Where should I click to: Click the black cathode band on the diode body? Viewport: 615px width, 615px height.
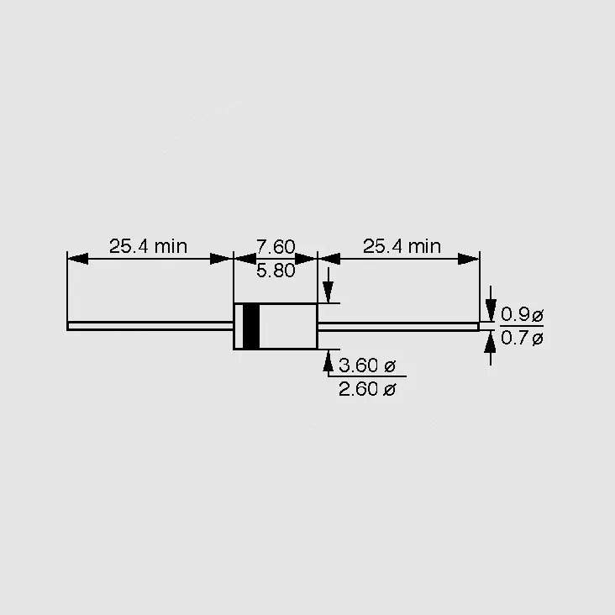251,326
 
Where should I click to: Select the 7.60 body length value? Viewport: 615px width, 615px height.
276,247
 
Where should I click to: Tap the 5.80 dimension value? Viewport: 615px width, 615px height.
276,271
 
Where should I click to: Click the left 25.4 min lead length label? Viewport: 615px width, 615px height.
148,246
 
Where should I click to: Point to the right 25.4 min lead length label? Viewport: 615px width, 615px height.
402,246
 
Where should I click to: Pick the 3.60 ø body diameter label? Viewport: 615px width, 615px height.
367,365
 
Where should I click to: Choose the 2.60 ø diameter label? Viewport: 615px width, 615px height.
367,389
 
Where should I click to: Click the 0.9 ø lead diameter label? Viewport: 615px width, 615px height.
522,314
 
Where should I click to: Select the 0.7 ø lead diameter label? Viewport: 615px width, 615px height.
522,338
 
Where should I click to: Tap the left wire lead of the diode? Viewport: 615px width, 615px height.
150,326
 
